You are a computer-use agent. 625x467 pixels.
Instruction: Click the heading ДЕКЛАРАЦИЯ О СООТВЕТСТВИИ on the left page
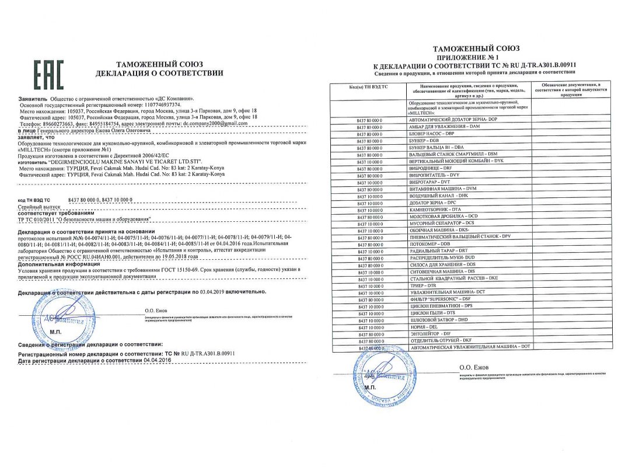[x=159, y=73]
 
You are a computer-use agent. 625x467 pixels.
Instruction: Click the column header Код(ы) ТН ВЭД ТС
[x=368, y=87]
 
